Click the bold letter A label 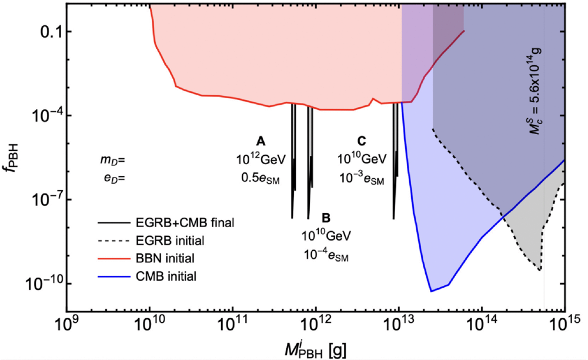pos(260,141)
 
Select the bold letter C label pos(361,141)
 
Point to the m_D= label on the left pos(112,159)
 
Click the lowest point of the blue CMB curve pos(431,291)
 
